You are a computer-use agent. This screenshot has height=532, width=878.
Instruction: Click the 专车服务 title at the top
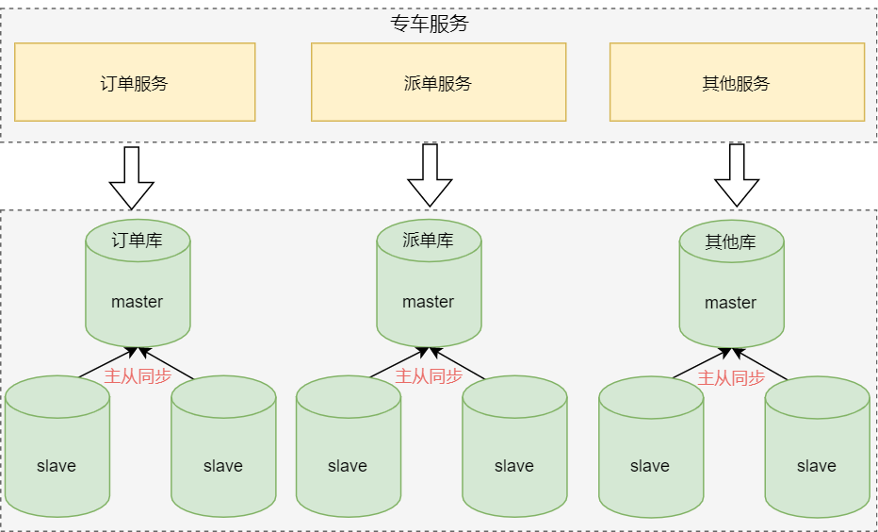click(430, 25)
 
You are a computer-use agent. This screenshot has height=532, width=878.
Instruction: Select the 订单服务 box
click(135, 82)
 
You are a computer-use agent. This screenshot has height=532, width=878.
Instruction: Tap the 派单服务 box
click(438, 82)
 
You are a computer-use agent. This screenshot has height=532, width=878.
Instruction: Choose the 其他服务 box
click(737, 82)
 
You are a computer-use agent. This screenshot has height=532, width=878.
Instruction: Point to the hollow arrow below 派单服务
click(430, 175)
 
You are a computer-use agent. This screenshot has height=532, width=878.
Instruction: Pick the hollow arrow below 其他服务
click(737, 175)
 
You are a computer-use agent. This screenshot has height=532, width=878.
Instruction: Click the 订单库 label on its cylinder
click(138, 241)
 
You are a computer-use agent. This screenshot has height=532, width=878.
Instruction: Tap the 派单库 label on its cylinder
click(429, 241)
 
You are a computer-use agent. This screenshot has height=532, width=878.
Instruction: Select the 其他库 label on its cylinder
click(731, 242)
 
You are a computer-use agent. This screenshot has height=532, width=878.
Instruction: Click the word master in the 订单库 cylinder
click(138, 302)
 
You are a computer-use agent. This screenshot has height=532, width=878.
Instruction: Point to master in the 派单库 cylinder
click(429, 302)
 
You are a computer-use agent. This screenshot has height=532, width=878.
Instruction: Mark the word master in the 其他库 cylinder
click(731, 303)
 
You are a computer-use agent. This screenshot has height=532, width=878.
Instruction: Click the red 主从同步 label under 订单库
click(138, 376)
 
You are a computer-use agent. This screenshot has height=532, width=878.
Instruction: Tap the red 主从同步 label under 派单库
click(429, 376)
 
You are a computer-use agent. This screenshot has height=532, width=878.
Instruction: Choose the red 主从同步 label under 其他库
click(731, 378)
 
